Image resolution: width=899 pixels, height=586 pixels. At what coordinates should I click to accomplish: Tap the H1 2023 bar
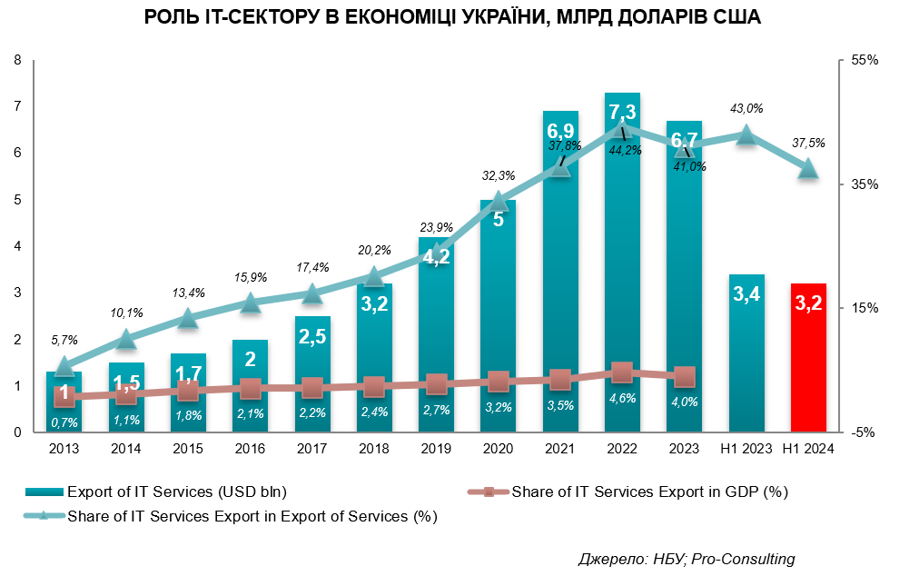(x=746, y=363)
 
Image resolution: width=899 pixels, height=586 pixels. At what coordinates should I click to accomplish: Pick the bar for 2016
(x=250, y=400)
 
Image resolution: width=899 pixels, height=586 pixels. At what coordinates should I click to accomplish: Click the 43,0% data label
(x=746, y=108)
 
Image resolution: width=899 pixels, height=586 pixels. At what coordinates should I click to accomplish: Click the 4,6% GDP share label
(x=622, y=398)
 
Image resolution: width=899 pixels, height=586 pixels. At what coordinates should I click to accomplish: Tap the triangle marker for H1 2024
(x=808, y=169)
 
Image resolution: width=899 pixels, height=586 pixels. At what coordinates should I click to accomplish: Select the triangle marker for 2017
(x=311, y=293)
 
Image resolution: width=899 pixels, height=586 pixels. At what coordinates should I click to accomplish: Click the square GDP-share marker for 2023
(x=685, y=377)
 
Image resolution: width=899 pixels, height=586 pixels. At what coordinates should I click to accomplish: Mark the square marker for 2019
(x=437, y=384)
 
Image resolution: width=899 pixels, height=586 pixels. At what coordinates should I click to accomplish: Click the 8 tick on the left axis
(x=17, y=61)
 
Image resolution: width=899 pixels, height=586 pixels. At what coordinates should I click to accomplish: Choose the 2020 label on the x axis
(x=498, y=449)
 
